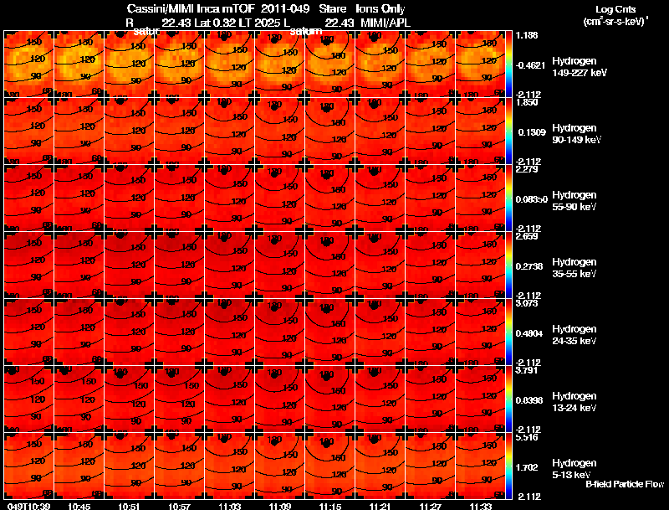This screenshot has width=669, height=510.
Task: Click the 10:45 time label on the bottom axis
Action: pyautogui.click(x=80, y=506)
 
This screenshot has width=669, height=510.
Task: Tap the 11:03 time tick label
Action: pyautogui.click(x=230, y=506)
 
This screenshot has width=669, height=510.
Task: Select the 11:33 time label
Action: pyautogui.click(x=480, y=506)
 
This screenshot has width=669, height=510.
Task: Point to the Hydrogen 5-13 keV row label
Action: pyautogui.click(x=574, y=469)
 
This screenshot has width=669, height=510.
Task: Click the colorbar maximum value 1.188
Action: pyautogui.click(x=528, y=35)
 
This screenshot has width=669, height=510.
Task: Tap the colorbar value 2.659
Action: pyautogui.click(x=528, y=236)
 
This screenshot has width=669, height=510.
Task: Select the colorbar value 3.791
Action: pyautogui.click(x=528, y=370)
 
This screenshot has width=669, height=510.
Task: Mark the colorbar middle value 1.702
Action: pyautogui.click(x=528, y=467)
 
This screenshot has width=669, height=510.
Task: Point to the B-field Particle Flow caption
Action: pyautogui.click(x=625, y=484)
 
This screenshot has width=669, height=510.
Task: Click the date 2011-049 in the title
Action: pyautogui.click(x=286, y=8)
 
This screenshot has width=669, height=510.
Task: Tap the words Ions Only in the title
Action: pyautogui.click(x=380, y=8)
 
